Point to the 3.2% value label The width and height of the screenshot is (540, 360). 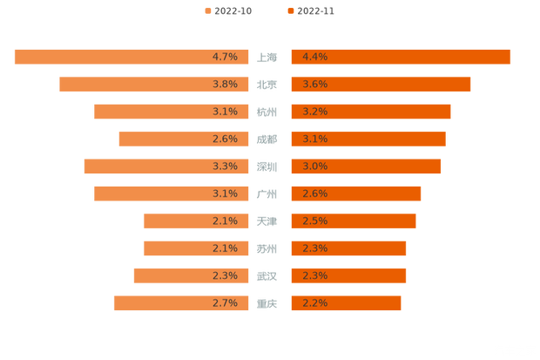pos(314,112)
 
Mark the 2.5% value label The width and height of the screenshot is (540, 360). pos(314,221)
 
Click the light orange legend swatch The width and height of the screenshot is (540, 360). pos(206,11)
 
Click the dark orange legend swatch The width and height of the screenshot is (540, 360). pos(289,11)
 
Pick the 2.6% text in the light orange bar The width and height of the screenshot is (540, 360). pos(225,139)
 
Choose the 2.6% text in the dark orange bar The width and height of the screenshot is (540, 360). pos(314,194)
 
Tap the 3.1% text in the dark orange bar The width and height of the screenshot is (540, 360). pos(314,139)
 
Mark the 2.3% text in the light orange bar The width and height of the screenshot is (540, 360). pos(225,276)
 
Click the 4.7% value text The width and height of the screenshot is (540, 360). pos(225,57)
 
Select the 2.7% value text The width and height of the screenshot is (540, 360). pos(225,303)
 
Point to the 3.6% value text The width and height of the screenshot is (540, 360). pos(314,85)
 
